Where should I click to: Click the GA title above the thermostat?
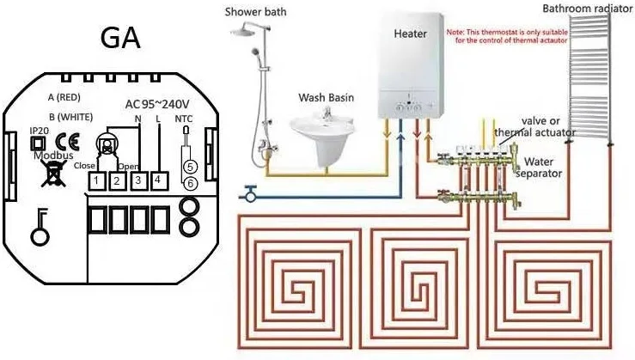tap(120, 39)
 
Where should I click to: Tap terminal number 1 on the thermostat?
tap(98, 180)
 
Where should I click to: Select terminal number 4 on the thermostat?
tap(159, 180)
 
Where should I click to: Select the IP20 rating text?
tap(39, 131)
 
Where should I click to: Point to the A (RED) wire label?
tap(64, 96)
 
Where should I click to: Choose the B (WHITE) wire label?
tap(68, 116)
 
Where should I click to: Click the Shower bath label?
tap(255, 12)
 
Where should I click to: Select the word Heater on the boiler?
tap(410, 34)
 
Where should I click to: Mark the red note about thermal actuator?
tap(502, 36)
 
